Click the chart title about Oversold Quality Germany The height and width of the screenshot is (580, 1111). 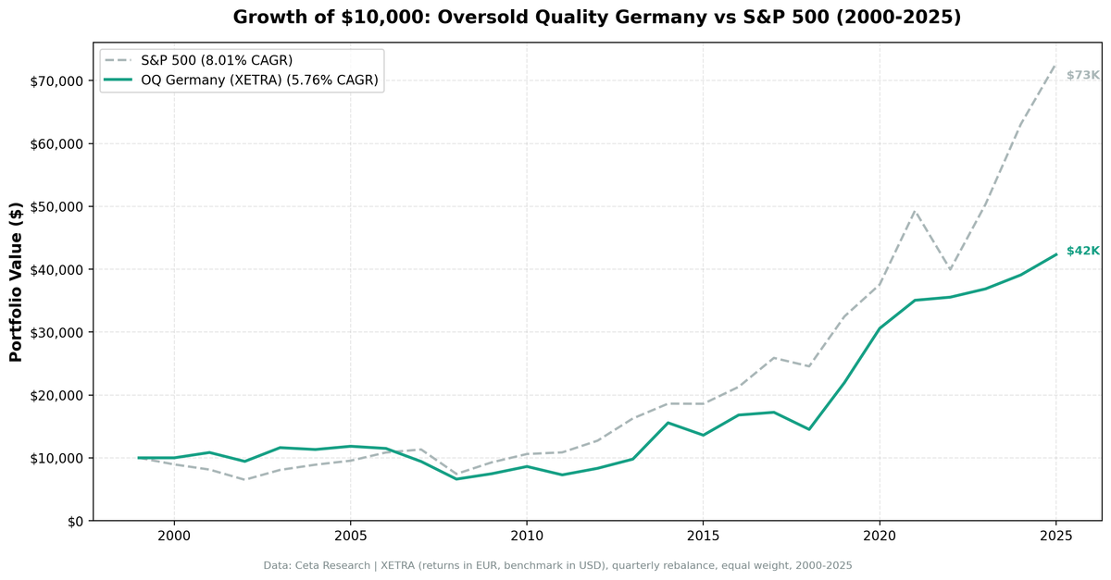tap(597, 17)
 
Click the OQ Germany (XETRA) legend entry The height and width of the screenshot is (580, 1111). tap(259, 80)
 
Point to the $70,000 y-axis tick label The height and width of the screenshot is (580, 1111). tap(57, 81)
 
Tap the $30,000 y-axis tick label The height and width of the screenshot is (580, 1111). tap(57, 332)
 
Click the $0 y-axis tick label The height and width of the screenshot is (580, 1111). tap(74, 521)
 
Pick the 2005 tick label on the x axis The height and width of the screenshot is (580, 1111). tap(350, 537)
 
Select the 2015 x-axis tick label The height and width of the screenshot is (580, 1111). tap(703, 537)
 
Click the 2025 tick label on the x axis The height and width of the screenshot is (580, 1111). tap(1055, 537)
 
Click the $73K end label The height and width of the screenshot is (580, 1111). tap(1082, 75)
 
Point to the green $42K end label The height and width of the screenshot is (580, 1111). tap(1082, 251)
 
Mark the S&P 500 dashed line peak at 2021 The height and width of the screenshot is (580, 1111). tap(915, 211)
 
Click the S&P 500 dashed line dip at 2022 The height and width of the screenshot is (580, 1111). tap(950, 269)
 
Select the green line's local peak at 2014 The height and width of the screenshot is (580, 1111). tap(668, 423)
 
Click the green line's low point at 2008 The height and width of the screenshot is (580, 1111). tap(456, 478)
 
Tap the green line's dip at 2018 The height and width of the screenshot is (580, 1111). tap(809, 429)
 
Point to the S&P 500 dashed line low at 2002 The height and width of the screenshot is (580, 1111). tap(244, 479)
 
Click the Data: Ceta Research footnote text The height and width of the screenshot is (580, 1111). tap(557, 564)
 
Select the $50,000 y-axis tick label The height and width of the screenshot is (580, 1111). tap(57, 206)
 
